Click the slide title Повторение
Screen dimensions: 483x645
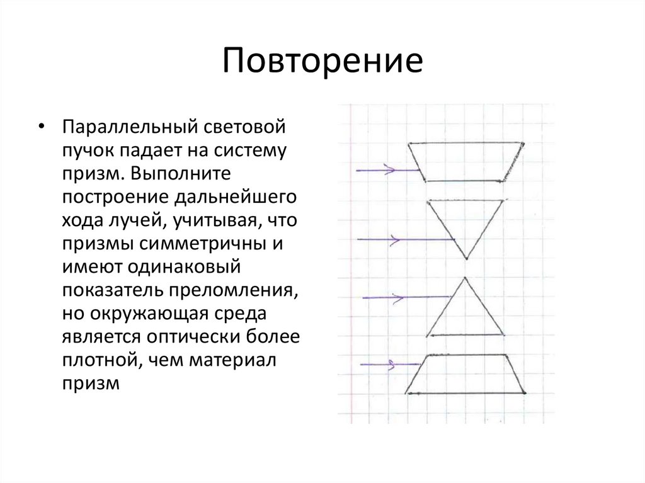[x=322, y=61]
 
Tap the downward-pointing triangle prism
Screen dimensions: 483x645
[x=466, y=220]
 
